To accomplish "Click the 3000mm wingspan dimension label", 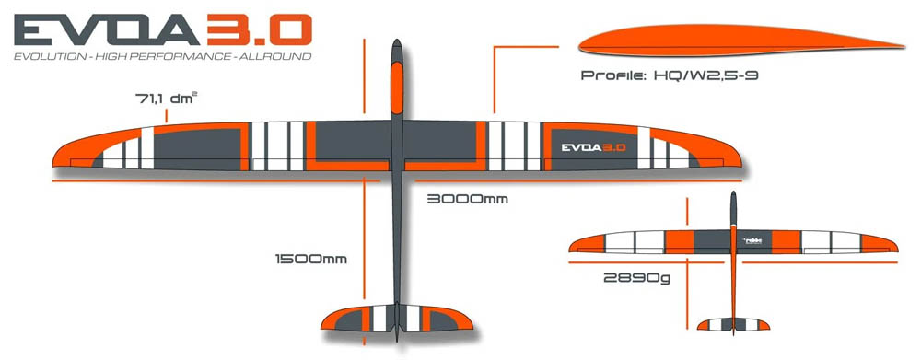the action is coord(467,199).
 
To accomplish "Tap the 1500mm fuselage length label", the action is coord(311,259).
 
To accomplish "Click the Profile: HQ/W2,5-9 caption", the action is coord(670,75).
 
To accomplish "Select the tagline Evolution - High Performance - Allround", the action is coord(157,57).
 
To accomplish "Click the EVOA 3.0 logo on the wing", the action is coord(594,146).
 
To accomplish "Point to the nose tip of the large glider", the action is coord(396,42).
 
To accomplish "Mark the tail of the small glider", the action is coord(733,325).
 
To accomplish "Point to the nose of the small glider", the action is coord(733,195).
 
